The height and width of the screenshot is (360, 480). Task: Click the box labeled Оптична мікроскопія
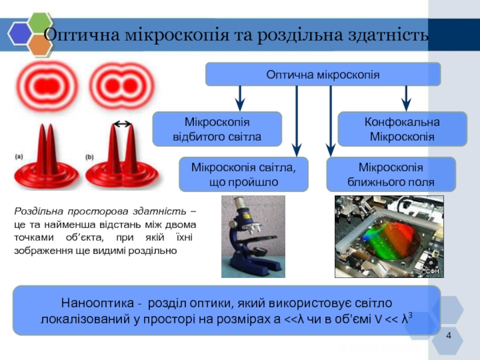[x=323, y=74]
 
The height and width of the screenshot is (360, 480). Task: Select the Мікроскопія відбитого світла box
[x=217, y=129]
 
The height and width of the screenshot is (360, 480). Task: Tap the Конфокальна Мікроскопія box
[x=402, y=129]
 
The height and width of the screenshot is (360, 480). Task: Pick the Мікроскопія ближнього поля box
[x=391, y=174]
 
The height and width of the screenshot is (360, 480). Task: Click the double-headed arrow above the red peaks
[x=122, y=124]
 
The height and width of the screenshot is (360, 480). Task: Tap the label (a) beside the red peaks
[x=19, y=157]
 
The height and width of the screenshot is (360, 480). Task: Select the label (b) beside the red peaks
[x=89, y=157]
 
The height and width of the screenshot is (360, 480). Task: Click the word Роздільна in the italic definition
[x=35, y=212]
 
